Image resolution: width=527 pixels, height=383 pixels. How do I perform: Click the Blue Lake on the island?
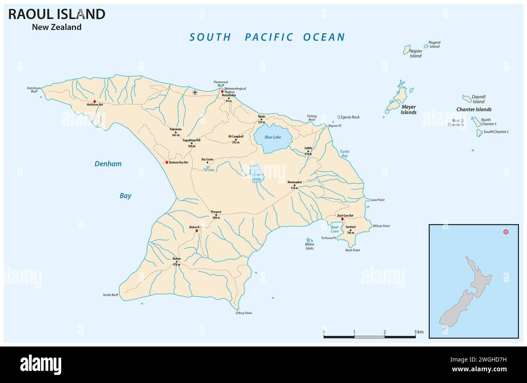[x=272, y=138]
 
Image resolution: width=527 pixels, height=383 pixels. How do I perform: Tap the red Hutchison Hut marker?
[x=94, y=101]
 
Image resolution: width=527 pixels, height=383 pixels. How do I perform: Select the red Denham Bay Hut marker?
[x=167, y=162]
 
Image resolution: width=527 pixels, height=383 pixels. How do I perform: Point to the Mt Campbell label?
[x=236, y=137]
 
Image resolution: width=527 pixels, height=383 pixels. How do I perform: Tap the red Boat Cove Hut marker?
[x=343, y=219]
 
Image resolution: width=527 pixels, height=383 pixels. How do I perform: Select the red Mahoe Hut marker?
[x=197, y=231]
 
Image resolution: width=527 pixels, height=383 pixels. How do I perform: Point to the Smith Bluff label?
[x=110, y=295]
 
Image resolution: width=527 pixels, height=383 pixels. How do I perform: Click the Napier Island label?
[x=416, y=53]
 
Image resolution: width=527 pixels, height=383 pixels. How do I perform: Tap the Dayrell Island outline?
[x=467, y=98]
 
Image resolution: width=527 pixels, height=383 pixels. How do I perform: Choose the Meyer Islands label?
[x=409, y=109]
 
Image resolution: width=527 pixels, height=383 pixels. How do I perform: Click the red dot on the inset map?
[x=506, y=232]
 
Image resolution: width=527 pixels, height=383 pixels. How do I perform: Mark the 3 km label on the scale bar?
[x=419, y=332]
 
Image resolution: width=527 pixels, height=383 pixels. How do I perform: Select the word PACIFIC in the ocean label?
[x=269, y=37]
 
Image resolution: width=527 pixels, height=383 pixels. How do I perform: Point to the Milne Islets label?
[x=309, y=246]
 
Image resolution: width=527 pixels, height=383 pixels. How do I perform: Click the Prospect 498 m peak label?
[x=216, y=214]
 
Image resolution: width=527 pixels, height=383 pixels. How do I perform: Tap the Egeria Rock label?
[x=350, y=117]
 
